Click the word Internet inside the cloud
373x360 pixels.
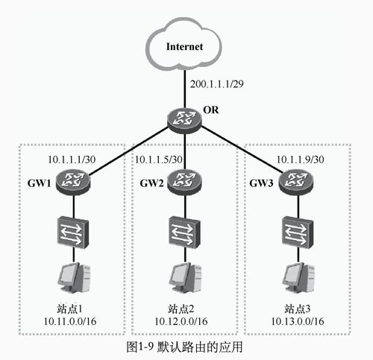point(184,46)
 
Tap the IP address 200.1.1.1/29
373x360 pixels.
point(217,84)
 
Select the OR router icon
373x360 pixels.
point(184,120)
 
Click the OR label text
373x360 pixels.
point(211,110)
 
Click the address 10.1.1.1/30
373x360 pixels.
point(72,160)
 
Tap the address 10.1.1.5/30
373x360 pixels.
point(158,160)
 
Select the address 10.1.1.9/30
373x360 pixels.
point(300,160)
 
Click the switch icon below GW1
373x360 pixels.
point(73,233)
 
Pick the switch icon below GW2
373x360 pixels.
point(184,233)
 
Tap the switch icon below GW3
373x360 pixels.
point(298,233)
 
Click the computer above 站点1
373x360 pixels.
point(74,278)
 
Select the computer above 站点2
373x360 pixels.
point(185,278)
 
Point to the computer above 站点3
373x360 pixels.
point(298,278)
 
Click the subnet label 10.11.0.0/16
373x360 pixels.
point(70,321)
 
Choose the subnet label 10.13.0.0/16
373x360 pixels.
point(298,321)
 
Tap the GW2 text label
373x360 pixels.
point(151,183)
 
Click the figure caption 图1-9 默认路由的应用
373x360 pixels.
point(184,347)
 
